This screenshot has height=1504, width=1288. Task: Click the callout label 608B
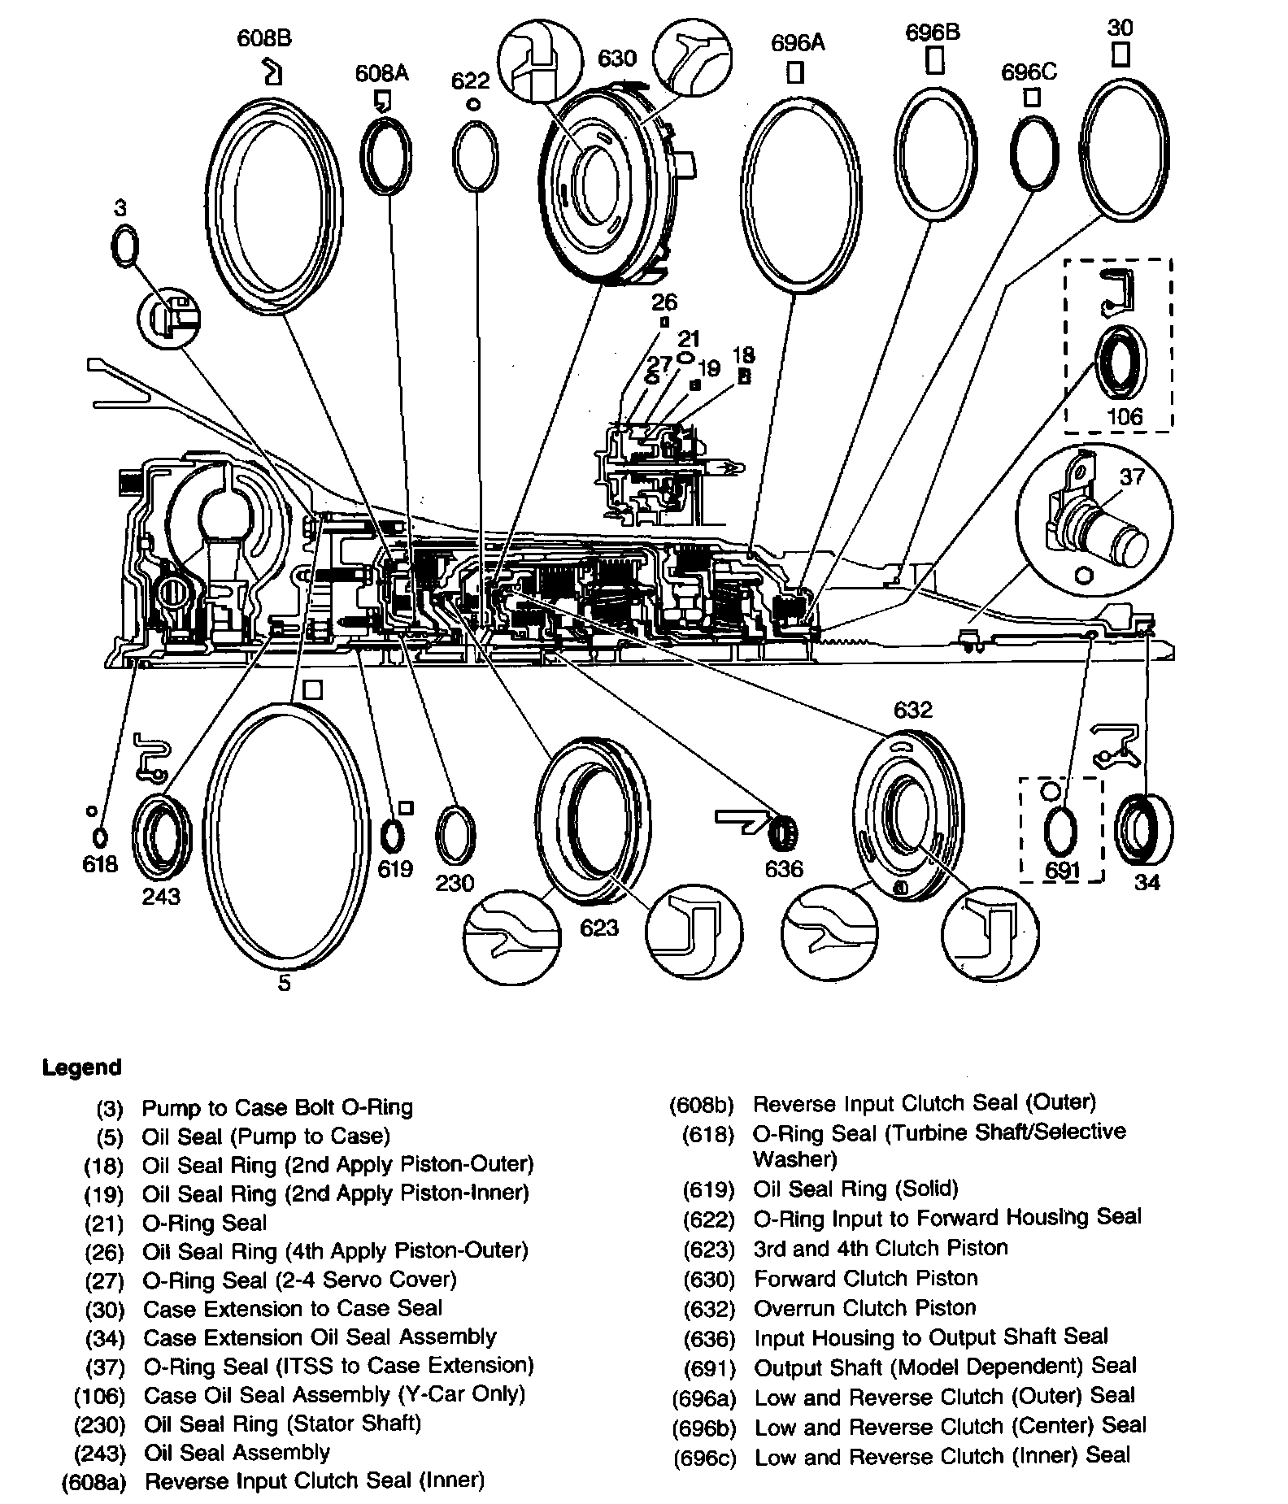(264, 38)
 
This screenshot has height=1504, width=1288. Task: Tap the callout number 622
(471, 80)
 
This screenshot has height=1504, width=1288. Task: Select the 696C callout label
(1029, 72)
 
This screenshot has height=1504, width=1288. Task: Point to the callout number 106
(1125, 417)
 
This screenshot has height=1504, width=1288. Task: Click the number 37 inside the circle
(1132, 476)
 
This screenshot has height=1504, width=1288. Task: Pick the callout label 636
(784, 869)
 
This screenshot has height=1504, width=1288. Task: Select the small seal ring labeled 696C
(1034, 153)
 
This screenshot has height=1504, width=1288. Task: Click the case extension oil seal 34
(1143, 832)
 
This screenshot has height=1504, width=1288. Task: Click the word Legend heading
(81, 1067)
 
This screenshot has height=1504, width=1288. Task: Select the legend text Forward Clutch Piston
(865, 1278)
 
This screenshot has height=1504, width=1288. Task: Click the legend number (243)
(99, 1453)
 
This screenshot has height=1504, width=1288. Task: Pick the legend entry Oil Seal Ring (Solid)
(855, 1189)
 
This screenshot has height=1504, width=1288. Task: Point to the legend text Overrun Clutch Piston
(865, 1308)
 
